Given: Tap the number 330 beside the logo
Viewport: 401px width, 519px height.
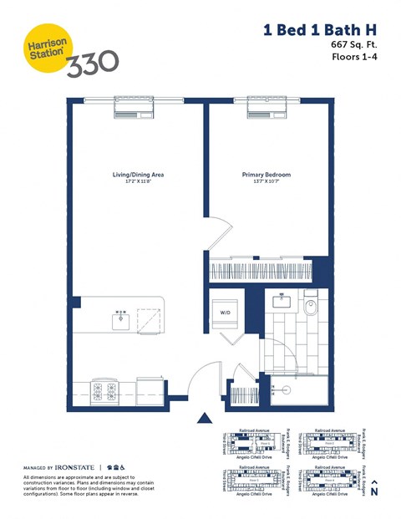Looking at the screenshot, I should [x=92, y=62].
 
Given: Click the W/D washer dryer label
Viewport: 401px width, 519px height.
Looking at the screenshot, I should [x=226, y=314].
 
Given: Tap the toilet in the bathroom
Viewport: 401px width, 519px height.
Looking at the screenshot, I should [x=311, y=308].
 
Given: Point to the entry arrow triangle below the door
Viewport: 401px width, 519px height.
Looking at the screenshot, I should [x=202, y=418].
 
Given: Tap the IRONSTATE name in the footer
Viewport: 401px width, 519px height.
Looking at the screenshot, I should [x=74, y=466].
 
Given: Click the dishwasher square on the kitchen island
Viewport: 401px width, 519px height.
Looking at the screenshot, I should [x=150, y=318].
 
